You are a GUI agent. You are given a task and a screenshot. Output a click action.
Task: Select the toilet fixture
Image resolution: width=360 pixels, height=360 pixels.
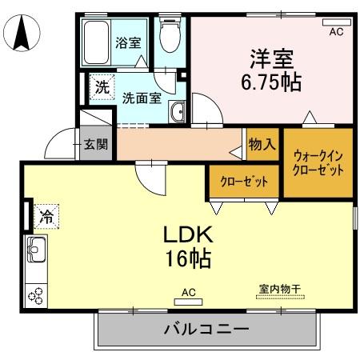[169, 37]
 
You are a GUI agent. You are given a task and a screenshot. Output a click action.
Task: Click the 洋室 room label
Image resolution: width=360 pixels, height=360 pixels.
[272, 58]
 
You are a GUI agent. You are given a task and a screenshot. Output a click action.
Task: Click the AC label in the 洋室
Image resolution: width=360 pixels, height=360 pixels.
[336, 31]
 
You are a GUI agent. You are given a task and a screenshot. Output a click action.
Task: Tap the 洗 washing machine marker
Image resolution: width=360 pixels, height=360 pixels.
[101, 86]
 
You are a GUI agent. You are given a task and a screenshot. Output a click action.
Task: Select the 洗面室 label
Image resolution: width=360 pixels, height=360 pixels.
[142, 98]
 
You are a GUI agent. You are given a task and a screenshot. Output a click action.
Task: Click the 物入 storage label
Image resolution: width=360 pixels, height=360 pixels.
[262, 145]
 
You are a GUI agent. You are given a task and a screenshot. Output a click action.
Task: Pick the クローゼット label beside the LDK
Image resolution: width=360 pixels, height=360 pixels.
[244, 182]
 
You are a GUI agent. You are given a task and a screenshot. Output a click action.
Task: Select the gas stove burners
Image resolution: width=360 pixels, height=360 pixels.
[37, 295]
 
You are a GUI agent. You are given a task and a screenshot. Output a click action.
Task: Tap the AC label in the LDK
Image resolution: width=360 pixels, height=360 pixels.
[189, 293]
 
